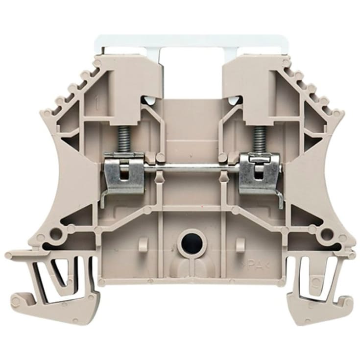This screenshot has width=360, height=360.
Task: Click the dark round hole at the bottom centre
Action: point(188,241)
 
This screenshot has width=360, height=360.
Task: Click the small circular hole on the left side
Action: point(59,231)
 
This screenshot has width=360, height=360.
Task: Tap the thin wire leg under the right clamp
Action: point(280,196)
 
